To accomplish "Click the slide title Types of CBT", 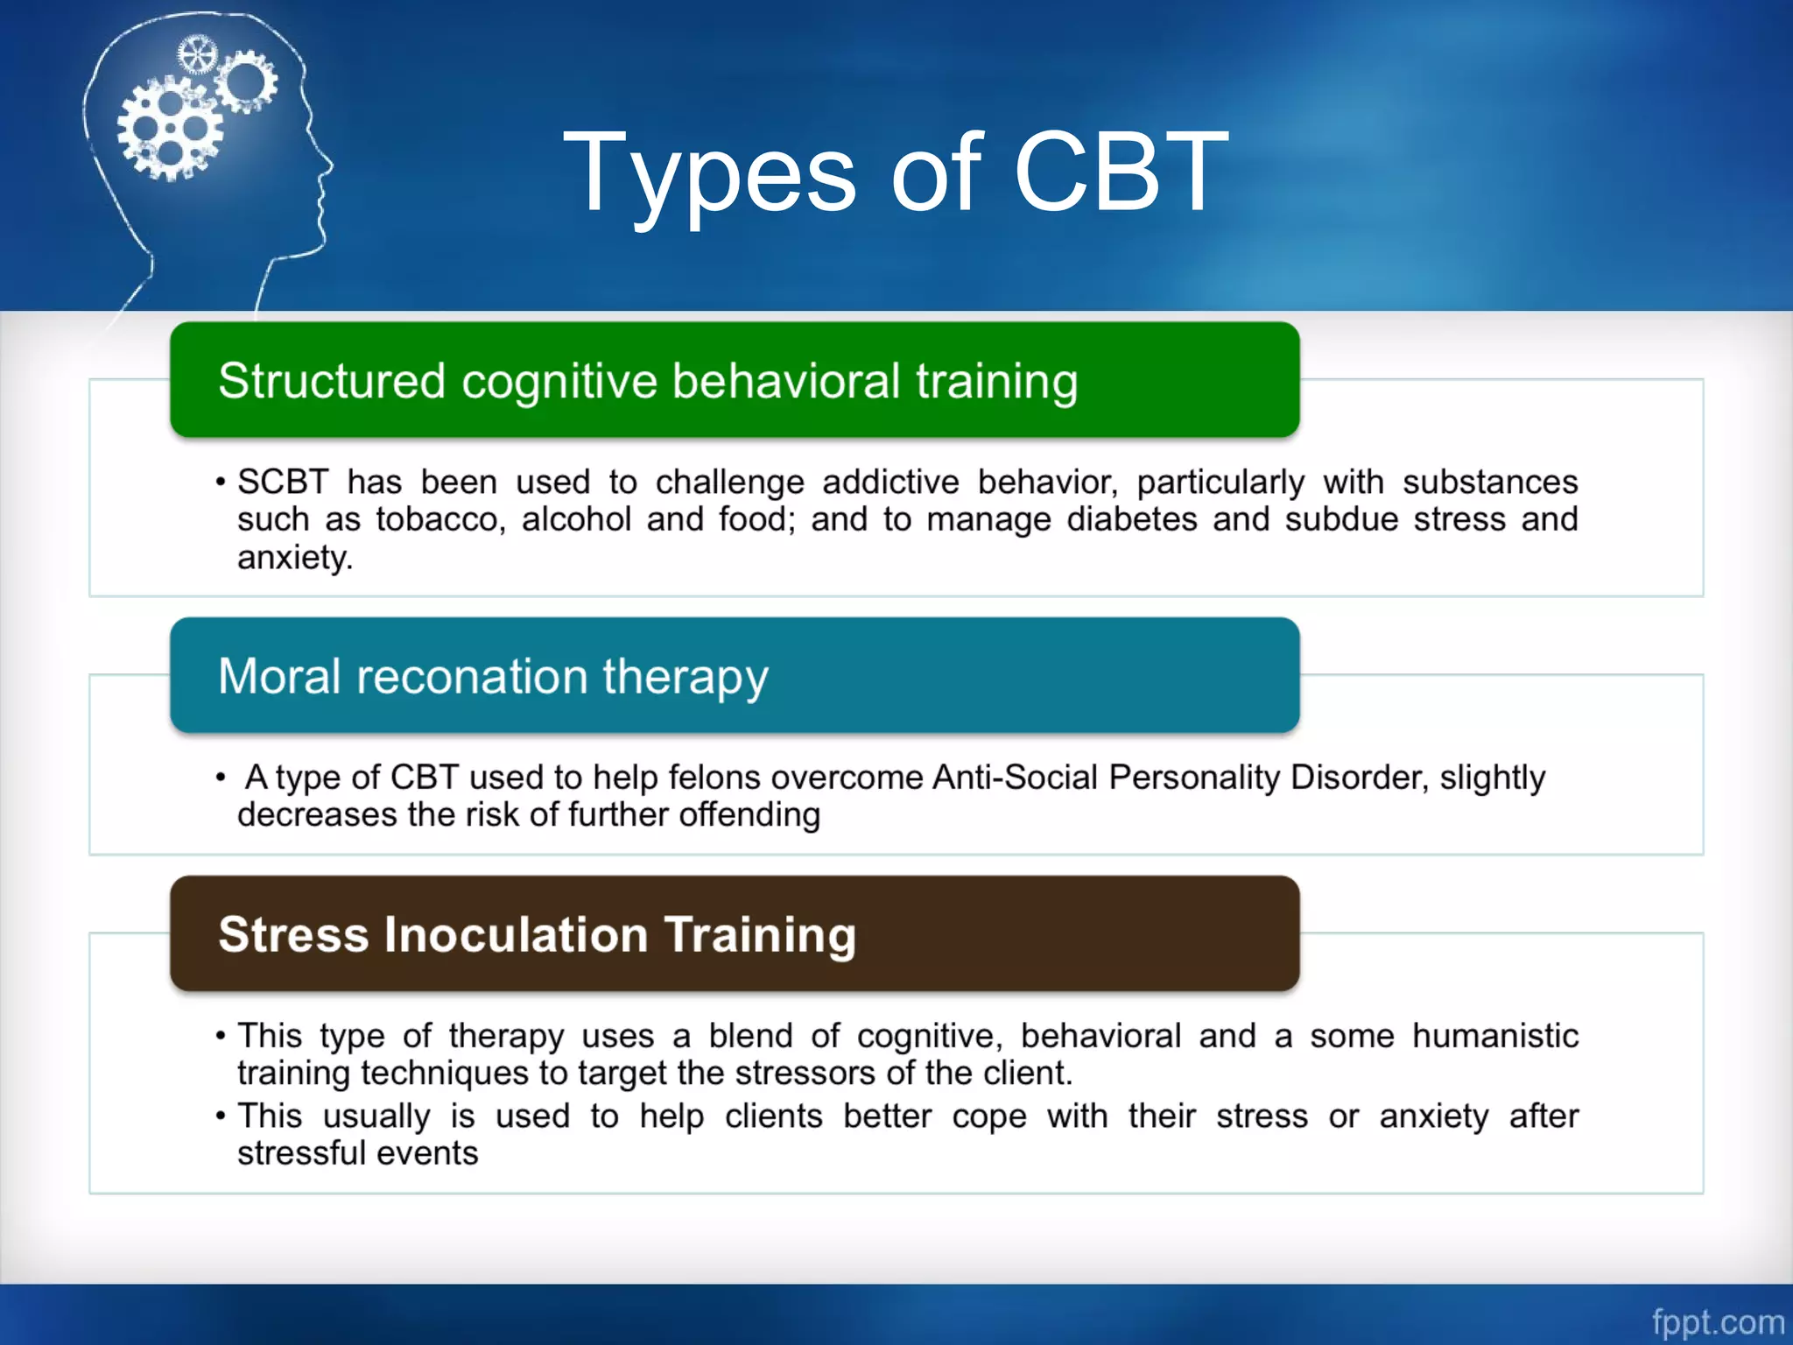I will click(896, 173).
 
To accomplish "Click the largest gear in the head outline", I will click(169, 128).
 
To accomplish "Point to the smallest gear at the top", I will click(196, 56).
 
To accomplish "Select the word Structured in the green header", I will click(332, 381).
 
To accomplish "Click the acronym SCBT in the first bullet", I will click(282, 482).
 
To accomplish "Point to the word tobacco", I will click(440, 519).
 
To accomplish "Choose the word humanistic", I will click(1494, 1036).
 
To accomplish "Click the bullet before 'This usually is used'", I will click(221, 1116).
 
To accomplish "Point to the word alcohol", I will click(576, 519).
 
